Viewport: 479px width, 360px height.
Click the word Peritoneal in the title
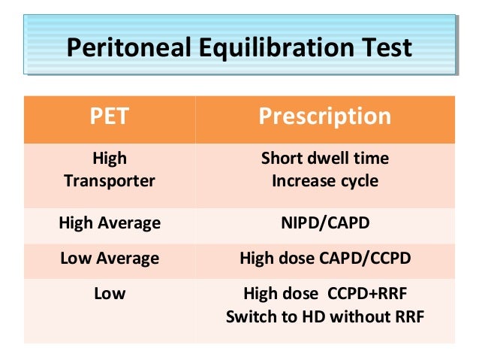click(x=125, y=47)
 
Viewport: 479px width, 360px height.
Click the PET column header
click(x=110, y=116)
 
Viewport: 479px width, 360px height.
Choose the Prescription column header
click(x=324, y=116)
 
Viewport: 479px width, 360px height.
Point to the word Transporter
click(x=110, y=181)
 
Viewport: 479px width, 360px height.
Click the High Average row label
click(x=110, y=222)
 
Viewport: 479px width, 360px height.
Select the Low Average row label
click(x=110, y=259)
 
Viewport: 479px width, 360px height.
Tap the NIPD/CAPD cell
click(x=324, y=222)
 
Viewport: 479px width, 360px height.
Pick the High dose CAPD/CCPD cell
click(x=324, y=259)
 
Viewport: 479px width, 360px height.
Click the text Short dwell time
click(x=324, y=159)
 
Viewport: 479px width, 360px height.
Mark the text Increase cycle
click(x=324, y=181)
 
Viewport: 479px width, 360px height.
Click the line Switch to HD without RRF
click(x=324, y=316)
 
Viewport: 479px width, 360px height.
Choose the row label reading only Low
click(x=110, y=294)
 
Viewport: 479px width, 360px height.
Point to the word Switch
click(x=252, y=316)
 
